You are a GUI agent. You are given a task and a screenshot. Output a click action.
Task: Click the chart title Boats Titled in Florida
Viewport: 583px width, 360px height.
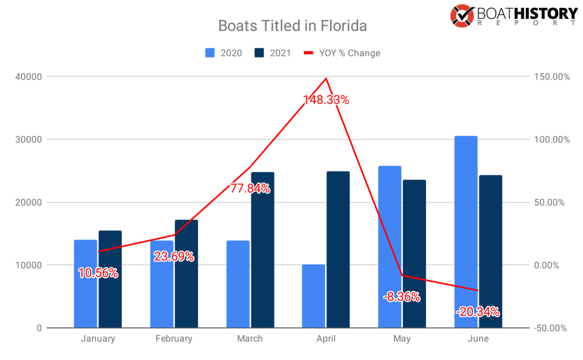(292, 26)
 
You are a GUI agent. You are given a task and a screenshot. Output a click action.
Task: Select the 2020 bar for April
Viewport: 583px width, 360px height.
(313, 296)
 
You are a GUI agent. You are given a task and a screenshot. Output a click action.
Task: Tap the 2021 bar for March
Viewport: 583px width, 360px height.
(262, 251)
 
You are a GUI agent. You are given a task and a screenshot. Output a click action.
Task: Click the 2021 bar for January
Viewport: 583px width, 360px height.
(110, 279)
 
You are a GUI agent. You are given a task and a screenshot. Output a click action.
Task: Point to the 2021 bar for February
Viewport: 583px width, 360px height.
(186, 273)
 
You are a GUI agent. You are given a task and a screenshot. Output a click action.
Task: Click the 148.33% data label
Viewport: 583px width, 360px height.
(325, 100)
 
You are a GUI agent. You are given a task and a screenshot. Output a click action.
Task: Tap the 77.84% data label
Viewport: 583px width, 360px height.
(250, 189)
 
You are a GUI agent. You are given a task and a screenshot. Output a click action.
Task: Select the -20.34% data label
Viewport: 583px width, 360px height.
(478, 312)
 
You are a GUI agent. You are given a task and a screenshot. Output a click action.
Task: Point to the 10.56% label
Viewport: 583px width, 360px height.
(98, 273)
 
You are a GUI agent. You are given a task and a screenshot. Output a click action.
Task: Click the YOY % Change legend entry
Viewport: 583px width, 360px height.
(341, 53)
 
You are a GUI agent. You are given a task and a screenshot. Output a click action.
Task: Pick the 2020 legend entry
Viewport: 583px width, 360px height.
(223, 53)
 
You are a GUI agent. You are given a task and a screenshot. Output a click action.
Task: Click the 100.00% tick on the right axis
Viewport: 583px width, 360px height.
(551, 140)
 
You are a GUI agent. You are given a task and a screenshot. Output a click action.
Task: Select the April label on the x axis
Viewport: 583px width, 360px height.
(325, 338)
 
